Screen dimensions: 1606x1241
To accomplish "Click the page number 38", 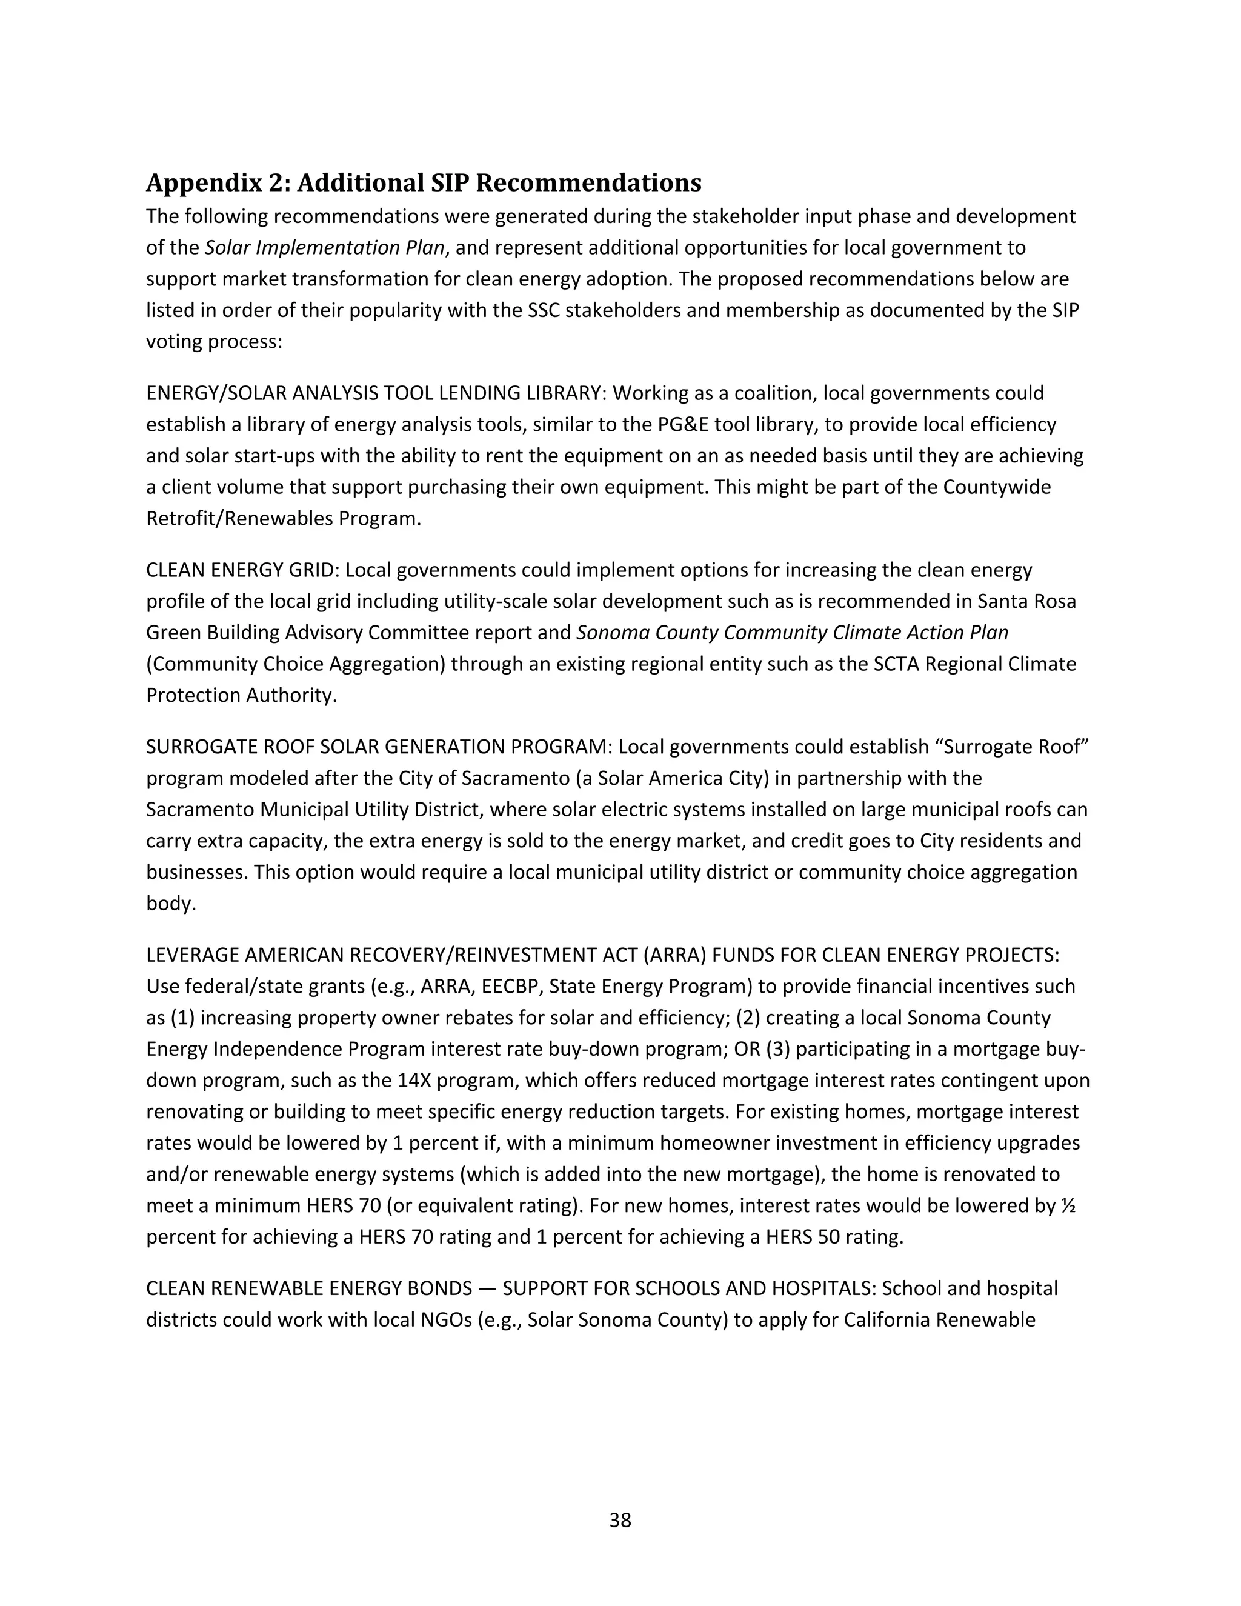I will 620,1520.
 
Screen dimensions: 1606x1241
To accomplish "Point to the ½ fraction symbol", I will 1068,1206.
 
